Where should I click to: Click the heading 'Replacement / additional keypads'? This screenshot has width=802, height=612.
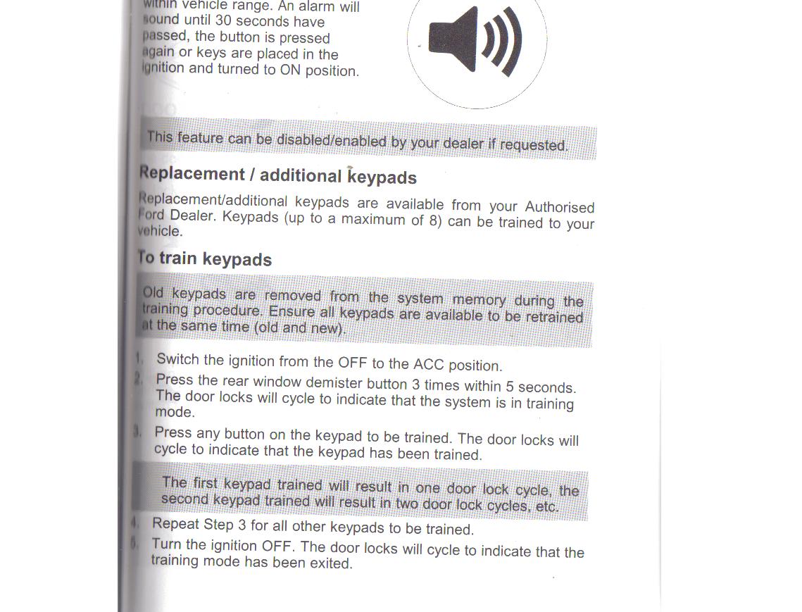pyautogui.click(x=278, y=175)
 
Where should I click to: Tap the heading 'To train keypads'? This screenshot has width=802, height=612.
pyautogui.click(x=205, y=258)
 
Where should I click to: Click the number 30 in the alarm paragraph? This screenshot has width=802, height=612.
pyautogui.click(x=223, y=21)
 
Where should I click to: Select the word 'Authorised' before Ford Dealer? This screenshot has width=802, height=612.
pyautogui.click(x=560, y=207)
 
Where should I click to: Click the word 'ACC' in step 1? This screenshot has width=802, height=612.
pyautogui.click(x=429, y=364)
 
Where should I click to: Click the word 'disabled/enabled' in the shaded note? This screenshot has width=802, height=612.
pyautogui.click(x=331, y=140)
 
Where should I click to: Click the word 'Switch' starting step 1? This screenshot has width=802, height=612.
pyautogui.click(x=178, y=358)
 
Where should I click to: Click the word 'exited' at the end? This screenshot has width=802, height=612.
pyautogui.click(x=330, y=563)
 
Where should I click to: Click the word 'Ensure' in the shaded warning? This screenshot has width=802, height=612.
pyautogui.click(x=292, y=311)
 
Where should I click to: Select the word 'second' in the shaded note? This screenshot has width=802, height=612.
pyautogui.click(x=184, y=499)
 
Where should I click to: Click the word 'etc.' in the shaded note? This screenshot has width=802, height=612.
pyautogui.click(x=546, y=506)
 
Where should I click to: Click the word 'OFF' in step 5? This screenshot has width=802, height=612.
pyautogui.click(x=277, y=546)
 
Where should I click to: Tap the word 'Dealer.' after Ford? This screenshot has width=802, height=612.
pyautogui.click(x=193, y=216)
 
